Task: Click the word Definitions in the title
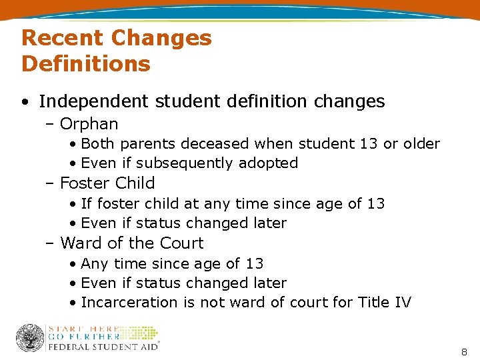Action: point(86,64)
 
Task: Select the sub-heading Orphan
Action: point(89,124)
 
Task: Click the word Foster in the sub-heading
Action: point(85,183)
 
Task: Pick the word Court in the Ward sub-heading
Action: point(180,243)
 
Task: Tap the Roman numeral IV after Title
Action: point(403,303)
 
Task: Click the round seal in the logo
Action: point(29,338)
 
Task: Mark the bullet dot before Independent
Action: point(24,102)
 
